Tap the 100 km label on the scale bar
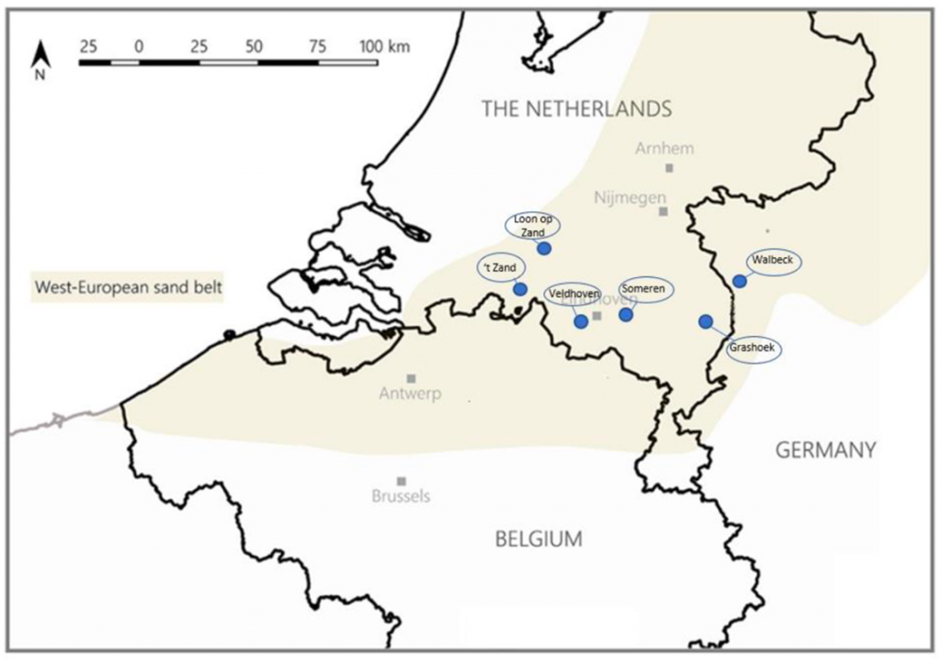tap(385, 46)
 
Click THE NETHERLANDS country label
tap(576, 108)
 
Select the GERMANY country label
tap(825, 450)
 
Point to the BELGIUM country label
tap(539, 539)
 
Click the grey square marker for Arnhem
tap(669, 168)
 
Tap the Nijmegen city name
tap(629, 196)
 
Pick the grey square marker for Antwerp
tap(411, 378)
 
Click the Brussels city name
tap(401, 497)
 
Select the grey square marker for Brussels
tap(401, 481)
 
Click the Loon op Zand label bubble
tap(533, 226)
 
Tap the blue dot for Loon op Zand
tap(543, 248)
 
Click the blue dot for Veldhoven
tap(580, 320)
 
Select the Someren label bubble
tap(645, 289)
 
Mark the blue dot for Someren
tap(626, 314)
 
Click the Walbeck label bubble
tap(772, 261)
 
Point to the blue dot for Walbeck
tap(739, 281)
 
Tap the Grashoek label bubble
tap(754, 350)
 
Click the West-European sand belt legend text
tap(129, 287)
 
